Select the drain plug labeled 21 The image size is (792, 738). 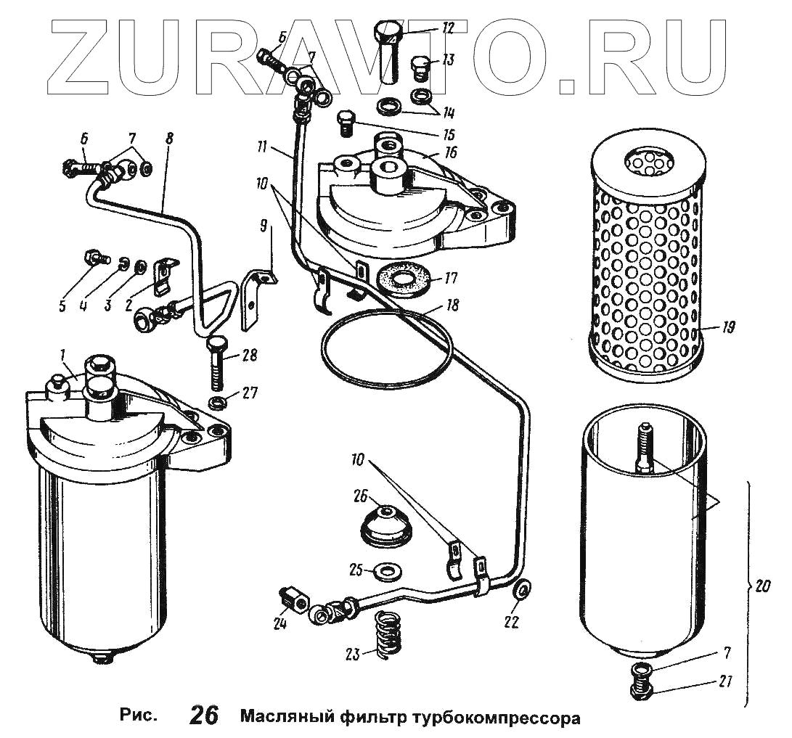pos(639,684)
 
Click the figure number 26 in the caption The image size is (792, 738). pos(204,716)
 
